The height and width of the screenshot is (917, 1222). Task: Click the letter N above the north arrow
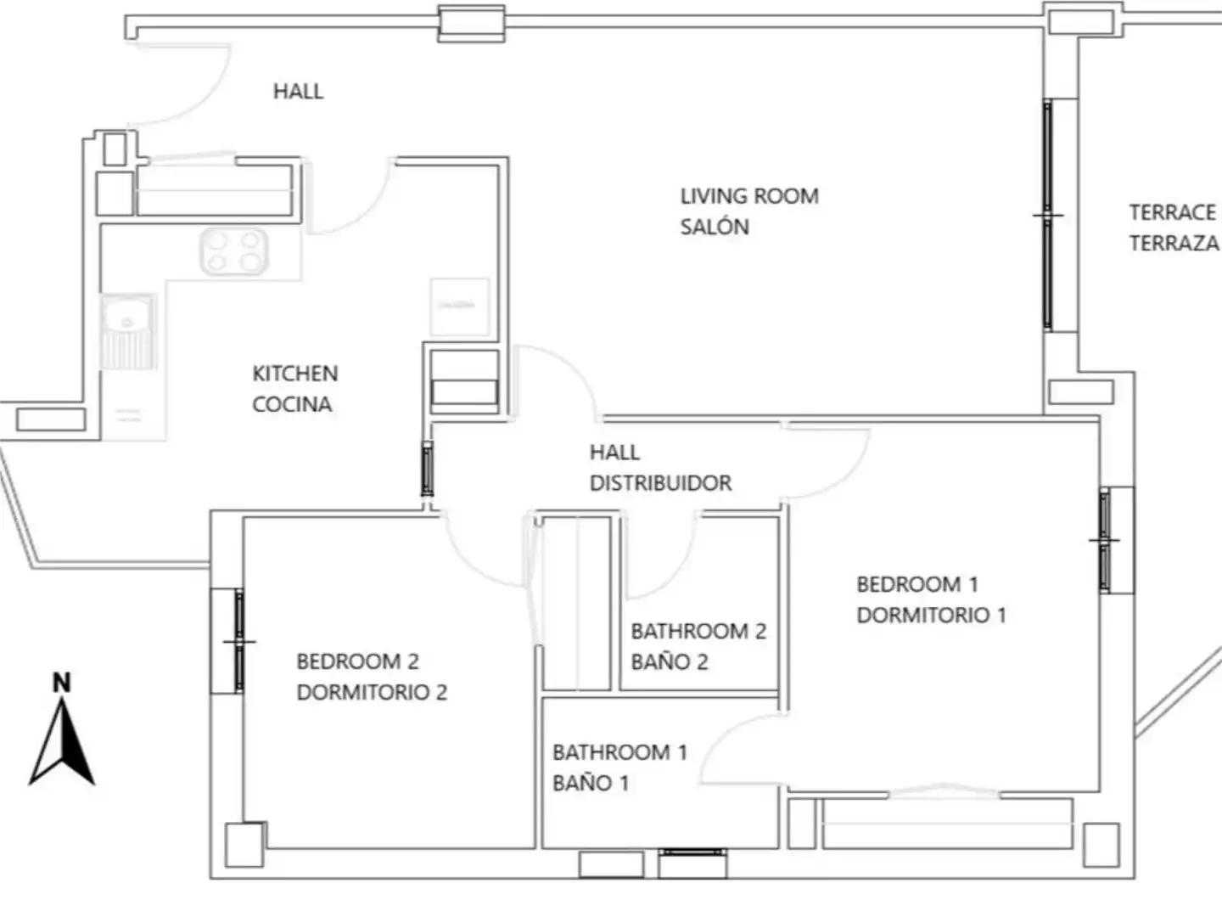(62, 683)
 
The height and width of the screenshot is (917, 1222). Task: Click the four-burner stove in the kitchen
(234, 251)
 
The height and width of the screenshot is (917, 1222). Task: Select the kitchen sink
(128, 331)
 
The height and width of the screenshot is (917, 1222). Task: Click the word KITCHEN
(295, 374)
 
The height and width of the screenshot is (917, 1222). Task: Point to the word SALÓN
(715, 227)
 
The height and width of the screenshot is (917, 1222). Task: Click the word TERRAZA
(1174, 244)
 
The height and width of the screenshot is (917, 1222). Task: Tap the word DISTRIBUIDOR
(661, 483)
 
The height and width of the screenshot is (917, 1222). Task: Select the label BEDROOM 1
(917, 585)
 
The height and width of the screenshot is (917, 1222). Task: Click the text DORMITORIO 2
(372, 692)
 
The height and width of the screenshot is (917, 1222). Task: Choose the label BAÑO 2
(670, 662)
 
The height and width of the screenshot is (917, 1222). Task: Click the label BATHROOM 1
(620, 752)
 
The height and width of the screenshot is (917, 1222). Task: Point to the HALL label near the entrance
(299, 92)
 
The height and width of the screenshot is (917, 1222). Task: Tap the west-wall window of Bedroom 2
(238, 641)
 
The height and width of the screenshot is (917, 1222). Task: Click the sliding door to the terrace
(1048, 216)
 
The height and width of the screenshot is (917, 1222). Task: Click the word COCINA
(292, 404)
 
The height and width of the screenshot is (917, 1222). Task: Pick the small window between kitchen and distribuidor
(427, 469)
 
